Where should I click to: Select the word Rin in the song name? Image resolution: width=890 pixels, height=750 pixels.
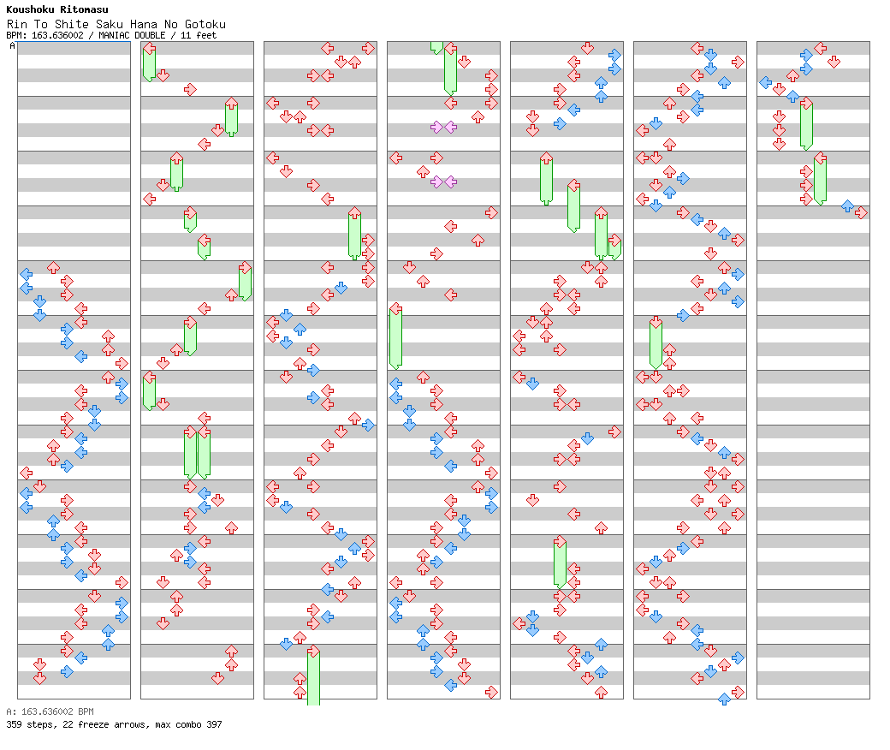tap(16, 24)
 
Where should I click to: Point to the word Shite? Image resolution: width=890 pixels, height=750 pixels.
tap(72, 24)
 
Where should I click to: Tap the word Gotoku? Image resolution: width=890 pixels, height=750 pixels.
tap(205, 24)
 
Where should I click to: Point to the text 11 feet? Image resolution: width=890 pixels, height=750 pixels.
tap(199, 35)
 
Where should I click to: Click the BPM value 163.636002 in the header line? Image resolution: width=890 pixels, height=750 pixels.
tap(57, 35)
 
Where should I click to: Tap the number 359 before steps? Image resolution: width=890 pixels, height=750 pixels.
tap(14, 724)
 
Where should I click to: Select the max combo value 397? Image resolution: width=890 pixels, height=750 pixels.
tap(215, 724)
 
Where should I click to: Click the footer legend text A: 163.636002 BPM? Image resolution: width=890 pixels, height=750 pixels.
tap(50, 711)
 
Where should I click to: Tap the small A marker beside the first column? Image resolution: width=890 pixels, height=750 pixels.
tap(13, 45)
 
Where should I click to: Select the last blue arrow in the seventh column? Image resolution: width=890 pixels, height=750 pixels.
tap(847, 206)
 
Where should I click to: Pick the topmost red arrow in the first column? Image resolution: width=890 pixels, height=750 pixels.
tap(53, 267)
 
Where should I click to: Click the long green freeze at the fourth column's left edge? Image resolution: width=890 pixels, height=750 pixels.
tap(395, 336)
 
